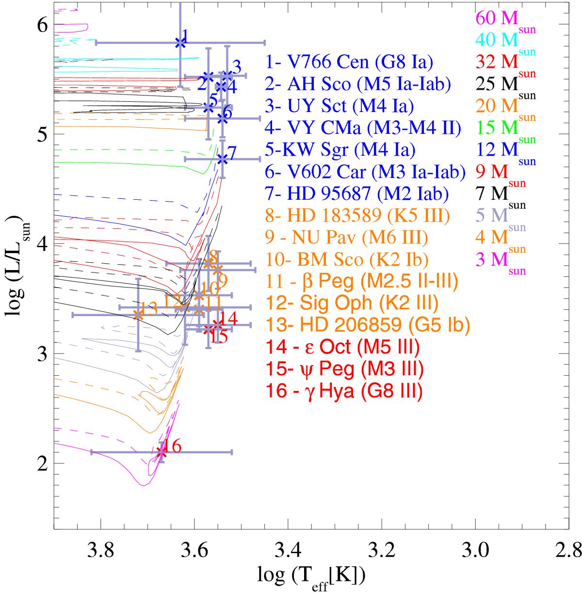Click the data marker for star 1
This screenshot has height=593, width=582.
(x=180, y=43)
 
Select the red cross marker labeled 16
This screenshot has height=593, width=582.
(x=162, y=452)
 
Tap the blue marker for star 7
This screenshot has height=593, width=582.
(x=222, y=159)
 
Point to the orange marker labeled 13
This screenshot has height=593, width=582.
(x=138, y=314)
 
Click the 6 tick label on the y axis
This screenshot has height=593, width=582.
(x=43, y=25)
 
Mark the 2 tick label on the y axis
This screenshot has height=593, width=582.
(x=43, y=464)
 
